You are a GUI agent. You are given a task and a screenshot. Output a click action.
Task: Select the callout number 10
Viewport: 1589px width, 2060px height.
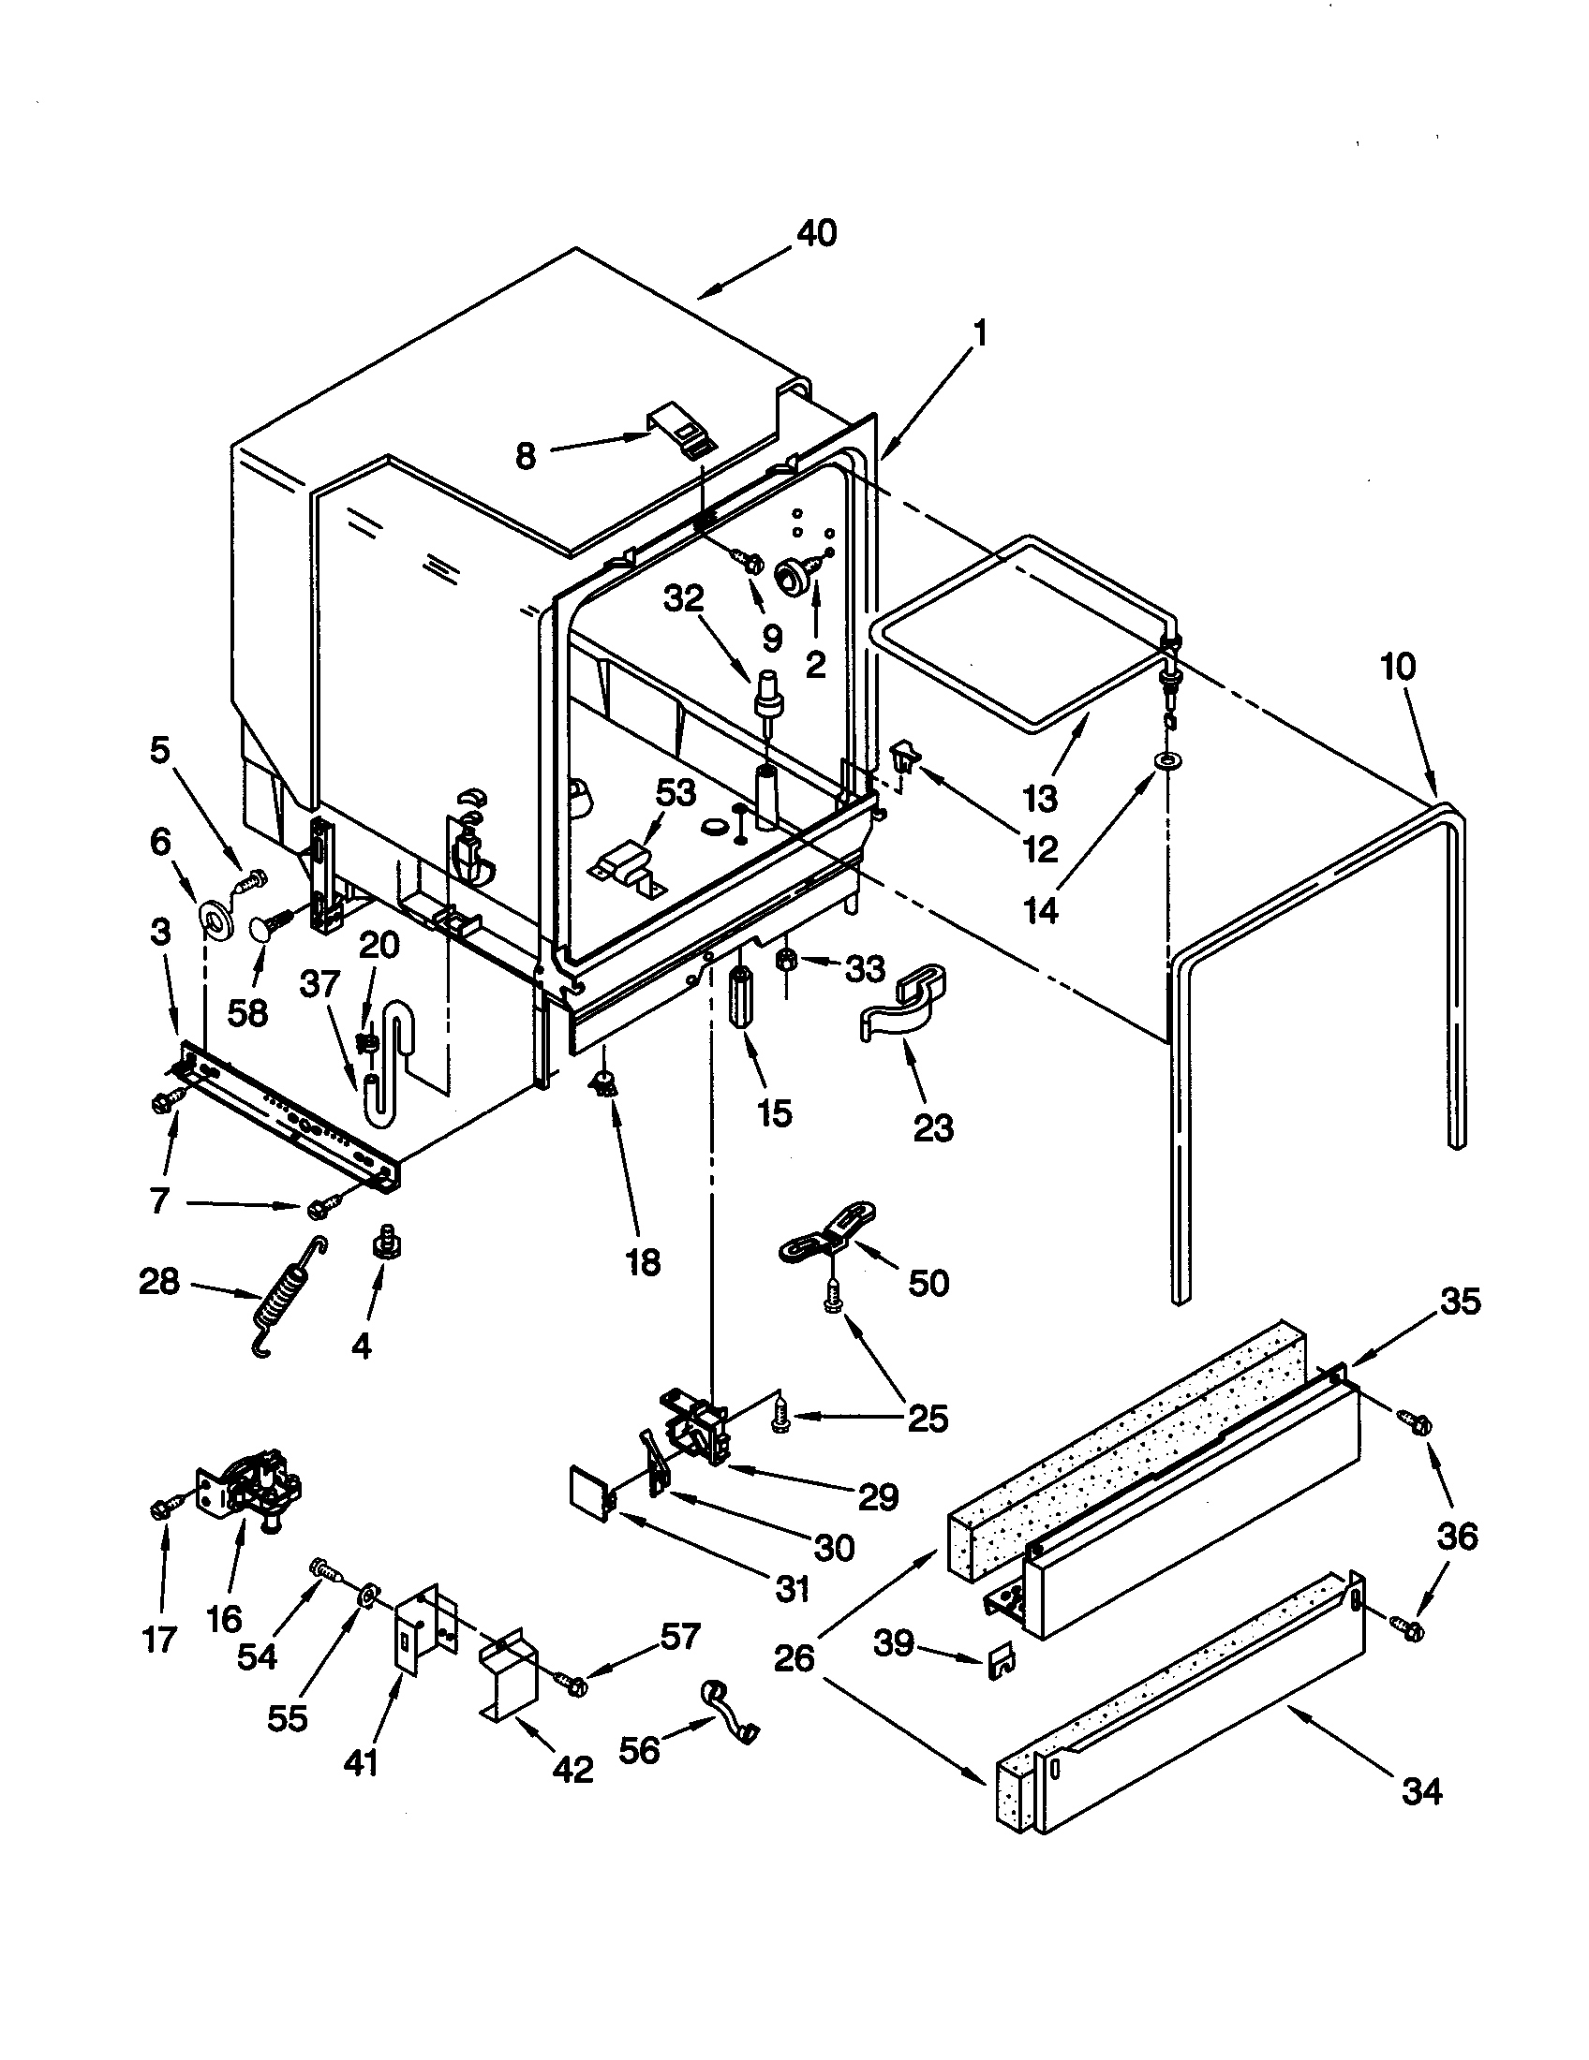(x=1399, y=667)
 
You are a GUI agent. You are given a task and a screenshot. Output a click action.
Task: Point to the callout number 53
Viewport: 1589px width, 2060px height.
(x=676, y=792)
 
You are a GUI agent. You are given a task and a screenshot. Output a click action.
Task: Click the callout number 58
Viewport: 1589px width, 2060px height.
(x=247, y=1012)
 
